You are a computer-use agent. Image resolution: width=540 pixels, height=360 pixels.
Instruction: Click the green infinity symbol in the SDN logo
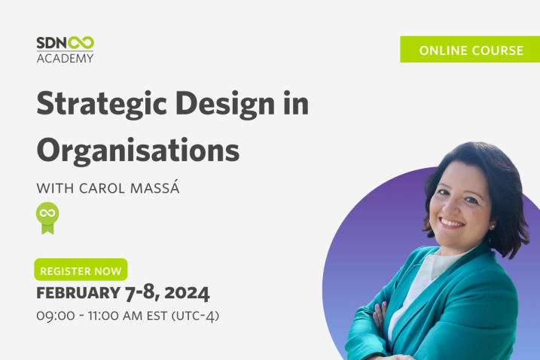(x=81, y=43)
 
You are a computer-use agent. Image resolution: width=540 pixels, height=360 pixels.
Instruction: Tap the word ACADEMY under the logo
(x=65, y=58)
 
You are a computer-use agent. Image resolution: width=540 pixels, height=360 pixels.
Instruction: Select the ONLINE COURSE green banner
(x=470, y=49)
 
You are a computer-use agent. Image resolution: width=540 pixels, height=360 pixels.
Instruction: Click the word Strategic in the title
(x=102, y=104)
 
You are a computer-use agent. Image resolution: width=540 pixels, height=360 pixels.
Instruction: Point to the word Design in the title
(x=225, y=104)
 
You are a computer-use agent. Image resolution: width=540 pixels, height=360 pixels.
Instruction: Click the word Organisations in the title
(x=138, y=151)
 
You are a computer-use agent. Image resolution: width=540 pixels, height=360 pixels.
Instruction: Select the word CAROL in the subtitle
(x=102, y=188)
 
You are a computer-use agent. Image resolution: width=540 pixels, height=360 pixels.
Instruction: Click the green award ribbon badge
(x=47, y=218)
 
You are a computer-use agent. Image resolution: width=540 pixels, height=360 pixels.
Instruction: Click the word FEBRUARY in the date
(x=78, y=293)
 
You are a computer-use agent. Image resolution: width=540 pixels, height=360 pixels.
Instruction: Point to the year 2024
(x=187, y=293)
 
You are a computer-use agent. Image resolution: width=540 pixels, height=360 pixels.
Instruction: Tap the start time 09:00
(x=56, y=316)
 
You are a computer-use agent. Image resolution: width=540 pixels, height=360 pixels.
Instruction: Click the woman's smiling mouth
(x=451, y=223)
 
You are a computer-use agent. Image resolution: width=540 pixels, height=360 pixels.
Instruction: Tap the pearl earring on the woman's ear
(x=493, y=227)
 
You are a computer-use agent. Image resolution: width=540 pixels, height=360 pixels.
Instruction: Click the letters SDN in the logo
(x=52, y=43)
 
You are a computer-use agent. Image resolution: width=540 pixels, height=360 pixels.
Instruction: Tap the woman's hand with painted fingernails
(x=380, y=314)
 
